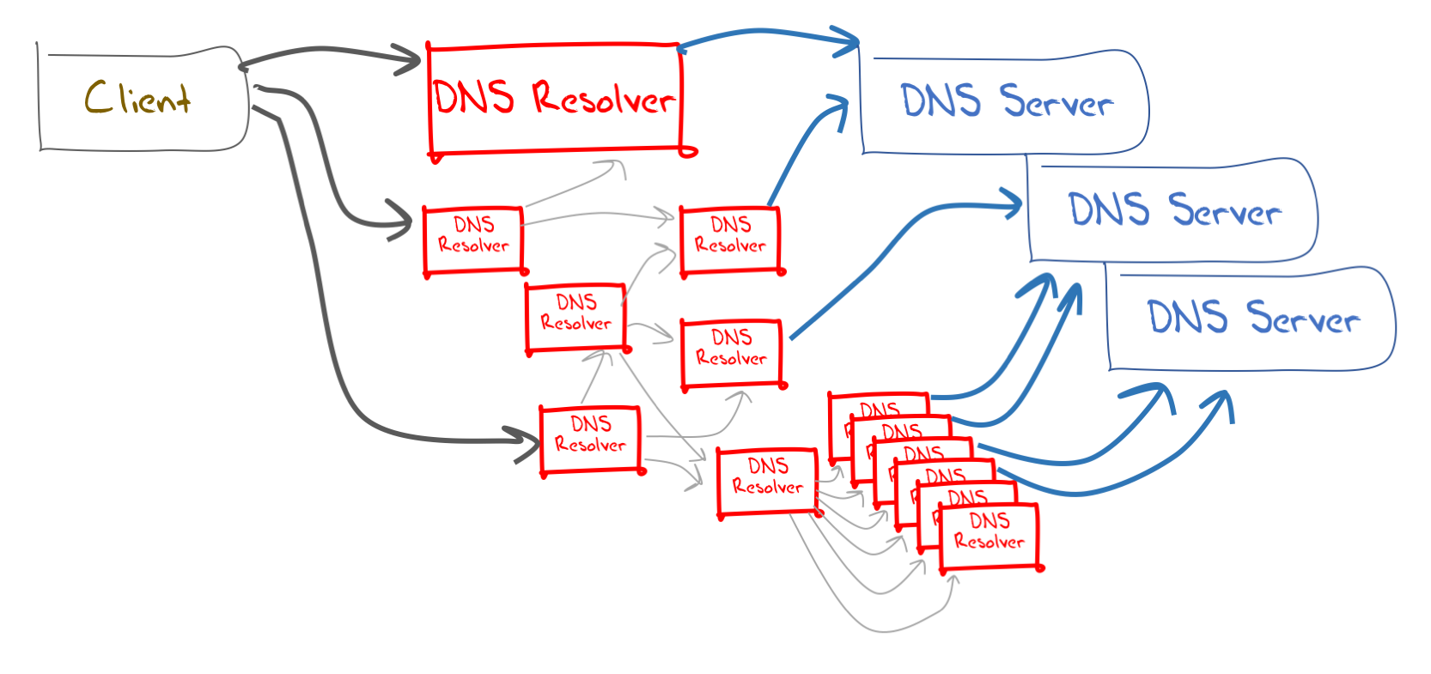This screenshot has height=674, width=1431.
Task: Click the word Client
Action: (x=137, y=99)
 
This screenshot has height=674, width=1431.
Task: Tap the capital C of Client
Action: (x=96, y=96)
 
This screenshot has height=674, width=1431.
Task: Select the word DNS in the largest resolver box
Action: (x=474, y=97)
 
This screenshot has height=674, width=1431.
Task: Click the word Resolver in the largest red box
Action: (x=603, y=99)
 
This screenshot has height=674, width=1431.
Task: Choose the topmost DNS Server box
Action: (x=1005, y=103)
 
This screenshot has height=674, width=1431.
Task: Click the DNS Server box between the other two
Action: (x=1172, y=210)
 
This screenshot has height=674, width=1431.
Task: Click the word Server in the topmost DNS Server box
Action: (x=1057, y=103)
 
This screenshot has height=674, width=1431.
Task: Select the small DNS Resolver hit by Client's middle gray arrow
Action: (x=473, y=240)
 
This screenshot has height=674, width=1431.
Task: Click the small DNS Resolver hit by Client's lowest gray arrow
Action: (x=591, y=439)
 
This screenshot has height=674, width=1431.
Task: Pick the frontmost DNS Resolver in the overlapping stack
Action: (x=990, y=536)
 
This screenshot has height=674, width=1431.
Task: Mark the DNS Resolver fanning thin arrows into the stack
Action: (x=767, y=481)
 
